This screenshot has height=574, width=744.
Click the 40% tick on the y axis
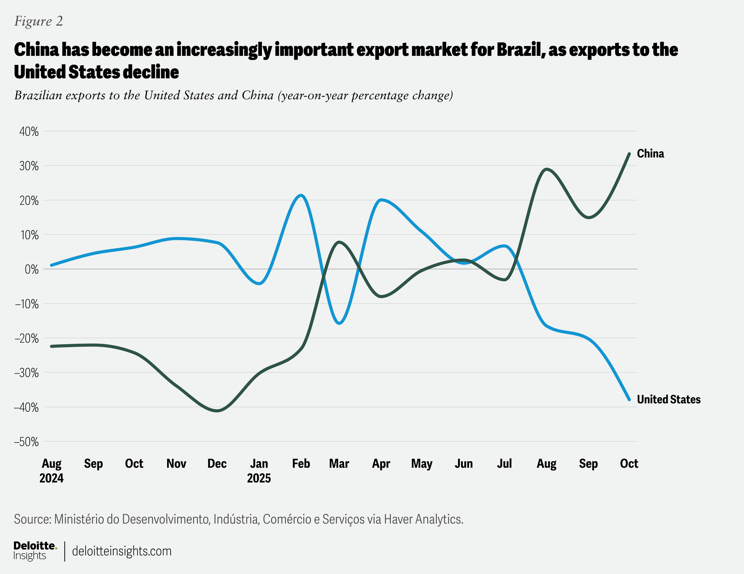29,132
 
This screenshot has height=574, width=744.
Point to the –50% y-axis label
27,442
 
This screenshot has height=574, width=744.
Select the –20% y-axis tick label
27,338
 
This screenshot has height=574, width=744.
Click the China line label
650,154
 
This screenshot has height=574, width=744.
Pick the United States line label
668,399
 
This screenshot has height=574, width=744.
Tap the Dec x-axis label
217,464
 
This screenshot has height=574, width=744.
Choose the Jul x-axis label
504,464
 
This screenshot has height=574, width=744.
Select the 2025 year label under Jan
259,478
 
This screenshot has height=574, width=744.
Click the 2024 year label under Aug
51,478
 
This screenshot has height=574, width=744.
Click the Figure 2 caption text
38,21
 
